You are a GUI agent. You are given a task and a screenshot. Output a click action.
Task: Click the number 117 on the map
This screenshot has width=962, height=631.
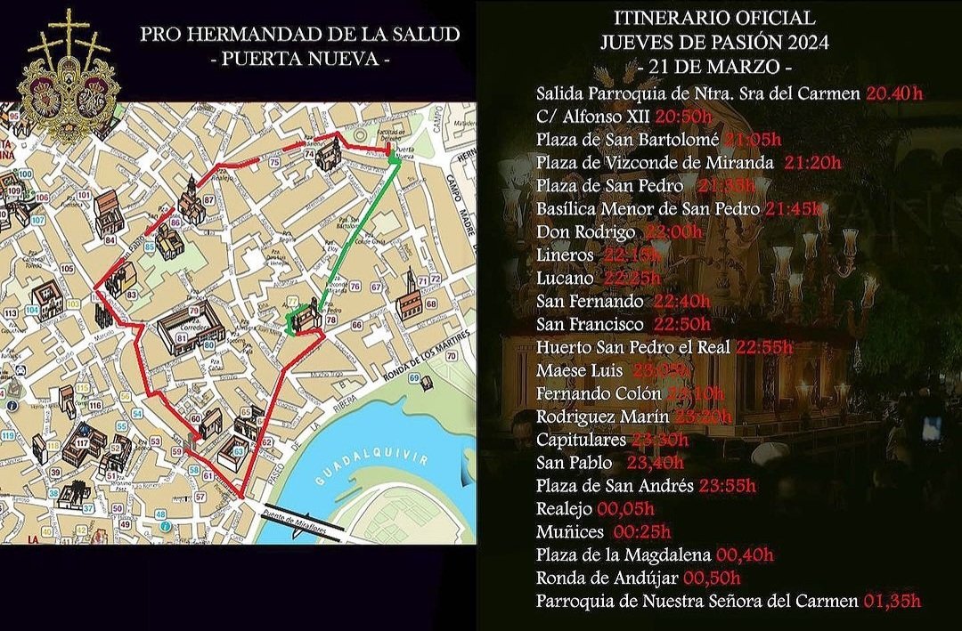pos(82,441)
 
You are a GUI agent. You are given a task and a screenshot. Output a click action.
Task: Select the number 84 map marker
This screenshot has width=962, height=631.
pos(110,239)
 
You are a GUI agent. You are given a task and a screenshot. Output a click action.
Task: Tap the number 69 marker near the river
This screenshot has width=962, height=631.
pos(414,378)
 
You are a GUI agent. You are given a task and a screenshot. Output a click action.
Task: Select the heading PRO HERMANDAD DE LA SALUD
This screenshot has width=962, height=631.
pos(300,35)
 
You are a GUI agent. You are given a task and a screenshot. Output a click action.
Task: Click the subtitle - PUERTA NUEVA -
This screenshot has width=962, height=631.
pos(300,61)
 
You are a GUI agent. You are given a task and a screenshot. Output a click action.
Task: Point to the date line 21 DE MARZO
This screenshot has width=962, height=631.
pos(714,68)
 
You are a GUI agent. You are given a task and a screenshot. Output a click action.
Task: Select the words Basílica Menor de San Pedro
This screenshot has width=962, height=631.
pos(648,208)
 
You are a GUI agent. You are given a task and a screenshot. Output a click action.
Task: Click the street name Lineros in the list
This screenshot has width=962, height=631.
pos(565,255)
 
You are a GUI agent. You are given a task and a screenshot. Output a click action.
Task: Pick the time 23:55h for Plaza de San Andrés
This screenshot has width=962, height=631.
pos(727,486)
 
